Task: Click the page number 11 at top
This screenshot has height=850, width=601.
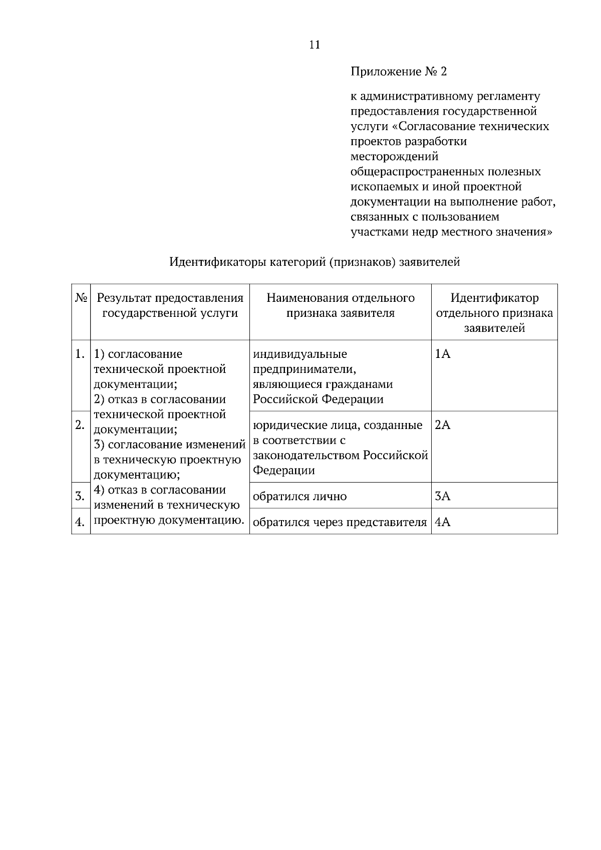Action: [315, 45]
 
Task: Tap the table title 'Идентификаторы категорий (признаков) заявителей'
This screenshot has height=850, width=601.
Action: [315, 262]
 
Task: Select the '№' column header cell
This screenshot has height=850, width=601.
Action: [81, 298]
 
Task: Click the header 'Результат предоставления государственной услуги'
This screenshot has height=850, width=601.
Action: [170, 305]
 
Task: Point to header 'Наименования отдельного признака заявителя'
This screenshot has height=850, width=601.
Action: [340, 305]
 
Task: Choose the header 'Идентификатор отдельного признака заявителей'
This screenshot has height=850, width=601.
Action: [494, 313]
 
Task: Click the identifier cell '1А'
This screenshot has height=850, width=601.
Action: [443, 354]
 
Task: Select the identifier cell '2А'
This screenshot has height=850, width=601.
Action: [443, 426]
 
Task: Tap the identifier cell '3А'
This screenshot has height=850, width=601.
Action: [443, 497]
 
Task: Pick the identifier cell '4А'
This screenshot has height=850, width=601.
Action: [443, 523]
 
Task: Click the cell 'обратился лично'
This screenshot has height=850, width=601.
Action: [299, 497]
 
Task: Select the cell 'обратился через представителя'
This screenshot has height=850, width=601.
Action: [340, 523]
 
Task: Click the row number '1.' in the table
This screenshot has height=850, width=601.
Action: [80, 354]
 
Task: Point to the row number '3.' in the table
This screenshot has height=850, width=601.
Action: [80, 497]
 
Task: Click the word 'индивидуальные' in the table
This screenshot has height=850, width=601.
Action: [299, 354]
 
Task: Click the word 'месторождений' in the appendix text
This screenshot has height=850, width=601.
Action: [394, 157]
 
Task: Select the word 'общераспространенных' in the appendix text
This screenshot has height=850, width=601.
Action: [417, 172]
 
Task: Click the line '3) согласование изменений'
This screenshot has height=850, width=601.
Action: [169, 445]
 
